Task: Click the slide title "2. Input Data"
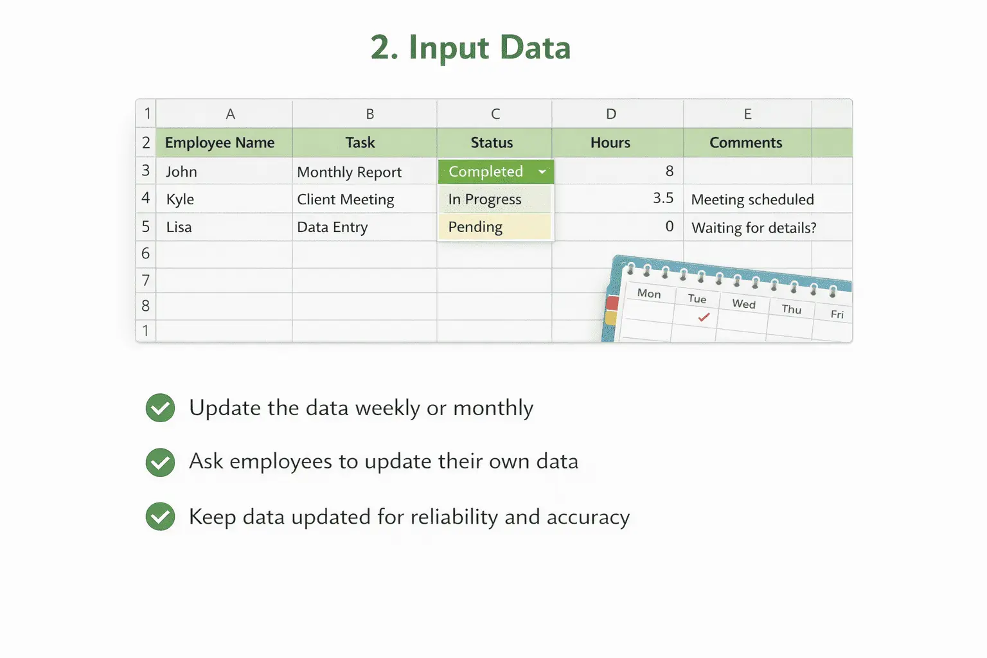tap(470, 48)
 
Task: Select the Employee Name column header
tap(220, 143)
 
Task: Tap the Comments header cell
tap(745, 143)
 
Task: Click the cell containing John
tap(181, 172)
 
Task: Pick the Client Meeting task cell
tap(346, 200)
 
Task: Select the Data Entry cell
tap(332, 227)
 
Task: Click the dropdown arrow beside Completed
tap(542, 172)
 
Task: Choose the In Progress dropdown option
tap(485, 200)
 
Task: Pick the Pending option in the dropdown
tap(476, 227)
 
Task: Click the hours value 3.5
tap(663, 199)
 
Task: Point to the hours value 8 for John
tap(670, 171)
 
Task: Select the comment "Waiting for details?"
tap(754, 228)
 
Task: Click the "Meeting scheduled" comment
tap(752, 200)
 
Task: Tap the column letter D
tap(611, 114)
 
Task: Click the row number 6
tap(146, 254)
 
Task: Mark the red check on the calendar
tap(704, 317)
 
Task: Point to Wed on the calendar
tap(743, 304)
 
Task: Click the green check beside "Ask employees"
tap(160, 462)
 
